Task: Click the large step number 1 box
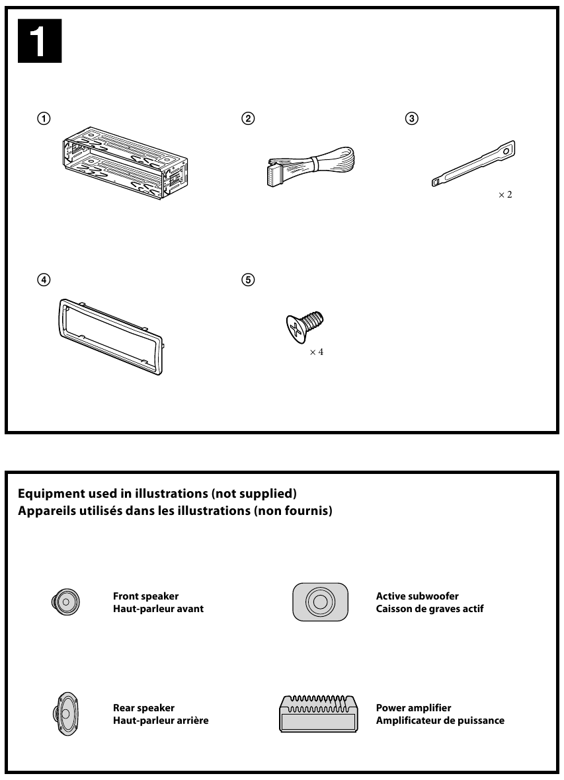click(40, 42)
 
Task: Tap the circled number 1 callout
click(43, 119)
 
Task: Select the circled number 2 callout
click(248, 119)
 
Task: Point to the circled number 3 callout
click(411, 119)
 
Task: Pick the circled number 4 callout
click(43, 280)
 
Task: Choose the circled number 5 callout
click(248, 280)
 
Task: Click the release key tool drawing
click(472, 165)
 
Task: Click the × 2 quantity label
click(505, 196)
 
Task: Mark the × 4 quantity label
click(317, 352)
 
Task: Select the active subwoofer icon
click(320, 602)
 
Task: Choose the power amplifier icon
click(319, 713)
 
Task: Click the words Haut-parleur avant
click(158, 609)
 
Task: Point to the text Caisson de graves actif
click(430, 609)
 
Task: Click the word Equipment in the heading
click(46, 493)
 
